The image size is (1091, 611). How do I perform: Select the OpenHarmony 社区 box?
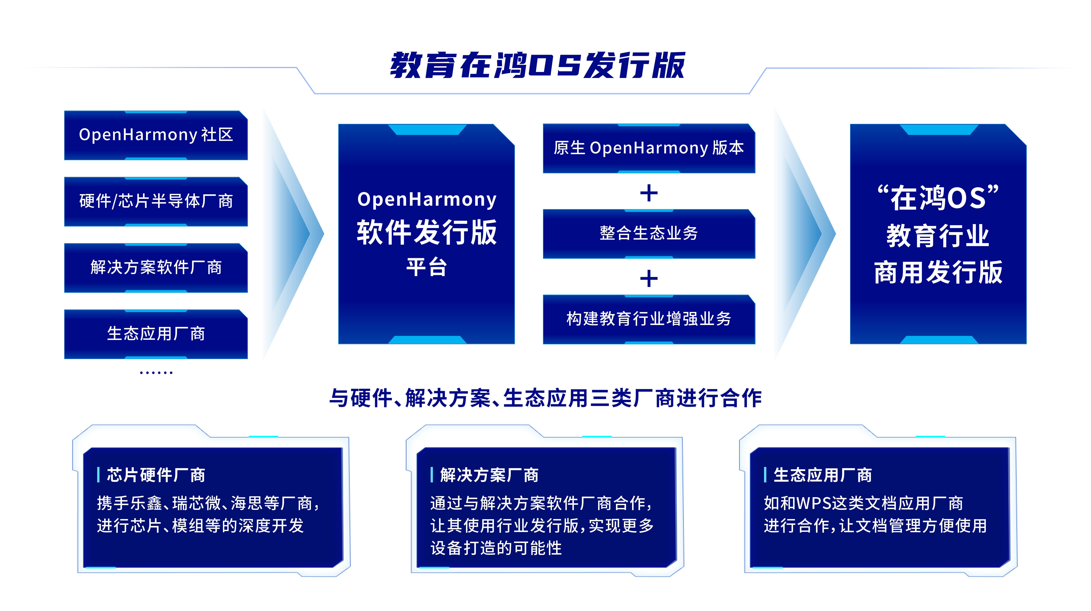(x=156, y=135)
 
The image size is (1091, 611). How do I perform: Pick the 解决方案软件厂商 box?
(x=156, y=268)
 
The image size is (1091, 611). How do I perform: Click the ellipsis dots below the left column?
(x=156, y=373)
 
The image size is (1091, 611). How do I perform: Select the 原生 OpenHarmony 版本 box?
(x=649, y=148)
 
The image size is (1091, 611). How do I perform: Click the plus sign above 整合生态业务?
(x=649, y=194)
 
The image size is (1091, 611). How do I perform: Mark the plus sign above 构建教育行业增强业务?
(x=649, y=279)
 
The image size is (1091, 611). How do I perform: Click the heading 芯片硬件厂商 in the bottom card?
(x=156, y=475)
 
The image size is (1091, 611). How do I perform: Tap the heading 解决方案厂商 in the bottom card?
(x=489, y=475)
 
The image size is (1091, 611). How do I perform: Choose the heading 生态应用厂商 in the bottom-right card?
(x=822, y=475)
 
